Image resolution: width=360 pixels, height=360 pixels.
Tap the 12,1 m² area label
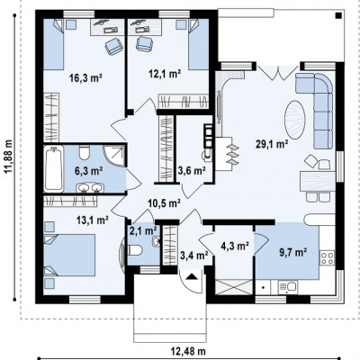(165, 74)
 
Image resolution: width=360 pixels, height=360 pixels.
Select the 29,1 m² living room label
(272, 144)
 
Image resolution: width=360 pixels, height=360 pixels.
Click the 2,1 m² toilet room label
(143, 230)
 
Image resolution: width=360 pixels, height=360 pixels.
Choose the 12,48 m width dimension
(188, 350)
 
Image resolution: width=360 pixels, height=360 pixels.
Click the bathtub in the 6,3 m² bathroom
(54, 169)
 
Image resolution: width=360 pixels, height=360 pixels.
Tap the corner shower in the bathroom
(114, 156)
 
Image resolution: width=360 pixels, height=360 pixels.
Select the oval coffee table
(295, 119)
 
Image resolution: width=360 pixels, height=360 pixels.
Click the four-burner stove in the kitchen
(327, 258)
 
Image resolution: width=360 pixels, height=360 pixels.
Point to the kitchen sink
(287, 287)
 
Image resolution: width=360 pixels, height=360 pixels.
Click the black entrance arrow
(192, 276)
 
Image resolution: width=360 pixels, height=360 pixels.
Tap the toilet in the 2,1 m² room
(136, 250)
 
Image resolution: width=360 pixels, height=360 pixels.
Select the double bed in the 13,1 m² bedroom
(69, 255)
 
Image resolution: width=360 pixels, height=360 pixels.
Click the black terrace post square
(338, 15)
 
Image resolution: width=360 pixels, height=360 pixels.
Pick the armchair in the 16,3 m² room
(113, 47)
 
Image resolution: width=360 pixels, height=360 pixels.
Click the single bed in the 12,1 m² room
(199, 44)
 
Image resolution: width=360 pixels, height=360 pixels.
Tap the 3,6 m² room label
(192, 171)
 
